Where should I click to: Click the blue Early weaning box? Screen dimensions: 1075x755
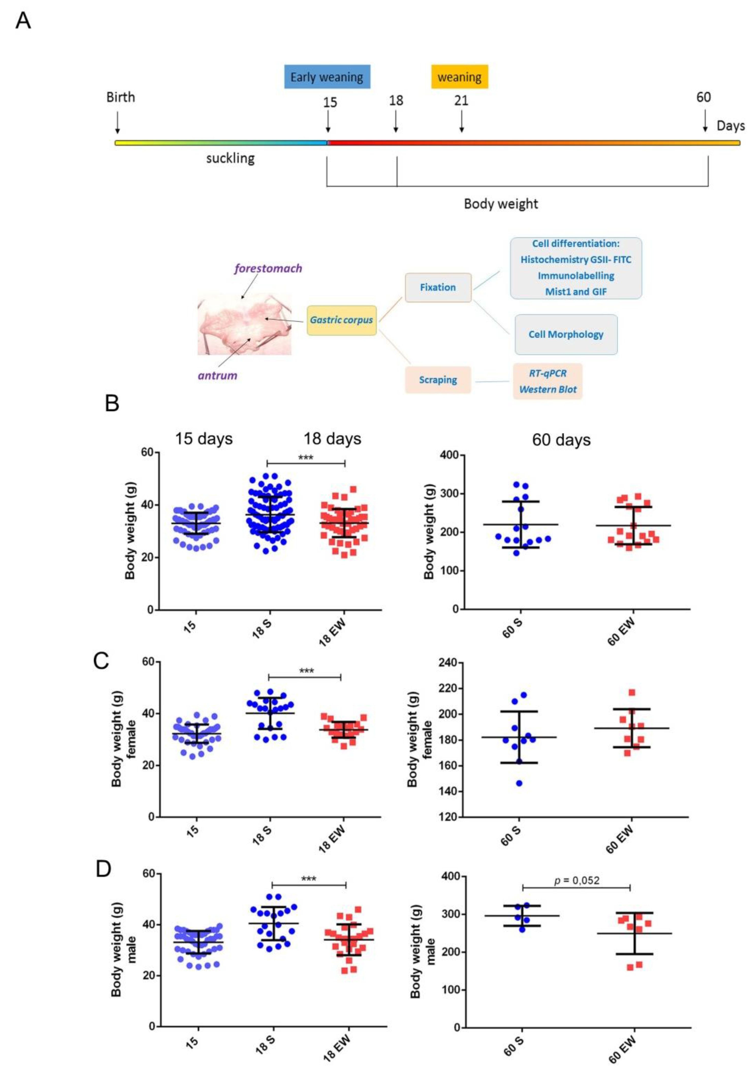(327, 77)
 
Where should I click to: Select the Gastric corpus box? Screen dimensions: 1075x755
(341, 320)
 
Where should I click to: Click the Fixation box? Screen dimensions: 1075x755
(438, 287)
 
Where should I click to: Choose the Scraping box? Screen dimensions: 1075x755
(438, 380)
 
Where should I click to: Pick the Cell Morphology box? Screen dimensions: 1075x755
(566, 334)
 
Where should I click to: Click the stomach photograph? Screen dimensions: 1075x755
(244, 324)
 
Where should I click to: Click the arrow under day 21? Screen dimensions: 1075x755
(461, 123)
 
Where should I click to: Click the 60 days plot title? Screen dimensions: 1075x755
(561, 440)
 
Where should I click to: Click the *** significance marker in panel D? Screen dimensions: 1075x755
(309, 879)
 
